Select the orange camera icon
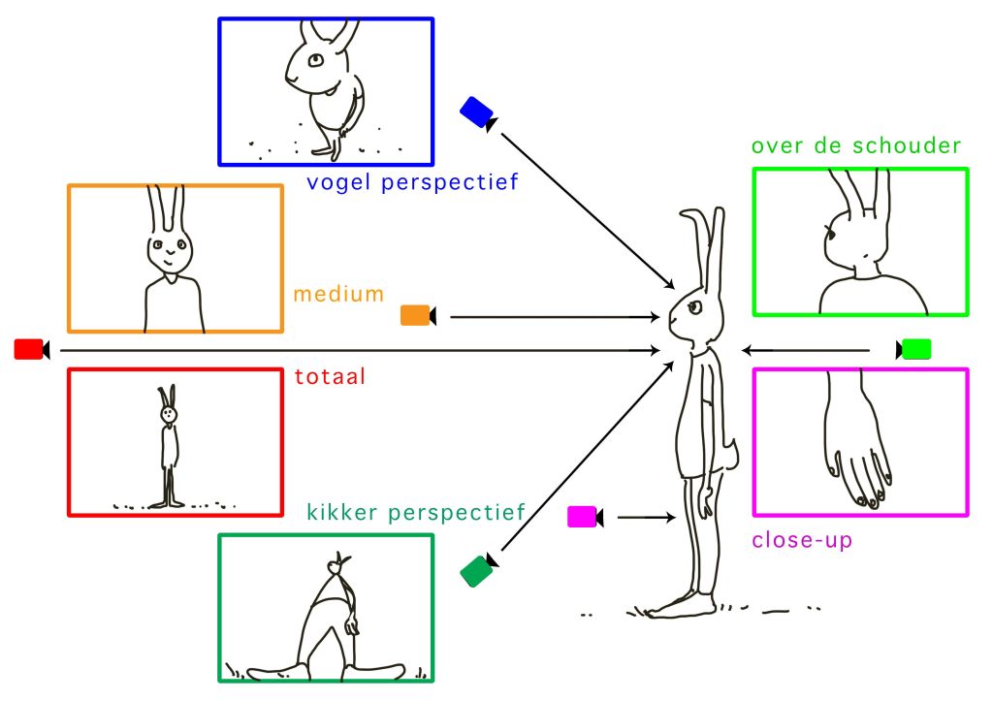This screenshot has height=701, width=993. (x=417, y=315)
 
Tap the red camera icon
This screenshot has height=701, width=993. (x=31, y=349)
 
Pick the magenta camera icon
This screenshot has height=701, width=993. (x=585, y=518)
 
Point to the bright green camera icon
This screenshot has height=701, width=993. (x=913, y=349)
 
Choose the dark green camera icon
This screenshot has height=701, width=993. (x=478, y=570)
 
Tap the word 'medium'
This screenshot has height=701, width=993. (x=338, y=293)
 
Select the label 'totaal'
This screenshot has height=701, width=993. (x=330, y=376)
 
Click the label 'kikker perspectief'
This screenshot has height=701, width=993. (x=415, y=511)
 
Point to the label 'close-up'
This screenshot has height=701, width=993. (x=803, y=540)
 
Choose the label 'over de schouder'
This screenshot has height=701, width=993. (x=856, y=146)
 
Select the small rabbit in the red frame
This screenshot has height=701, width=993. (x=170, y=446)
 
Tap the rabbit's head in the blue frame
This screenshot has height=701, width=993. (x=312, y=66)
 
